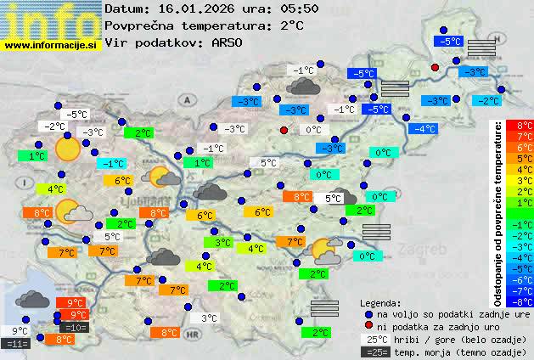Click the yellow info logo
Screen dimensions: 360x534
(x=51, y=20)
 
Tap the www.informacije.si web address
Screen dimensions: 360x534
(x=51, y=45)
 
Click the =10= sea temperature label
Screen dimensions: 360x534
(x=75, y=327)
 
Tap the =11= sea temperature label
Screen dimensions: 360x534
(x=16, y=343)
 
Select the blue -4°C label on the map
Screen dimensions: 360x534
(x=423, y=129)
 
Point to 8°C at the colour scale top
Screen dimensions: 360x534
(x=526, y=126)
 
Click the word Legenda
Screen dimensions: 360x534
(x=380, y=302)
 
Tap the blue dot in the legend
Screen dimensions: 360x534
(x=368, y=313)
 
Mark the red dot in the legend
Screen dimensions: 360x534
(x=368, y=326)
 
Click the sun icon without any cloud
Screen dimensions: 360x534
(x=66, y=149)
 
